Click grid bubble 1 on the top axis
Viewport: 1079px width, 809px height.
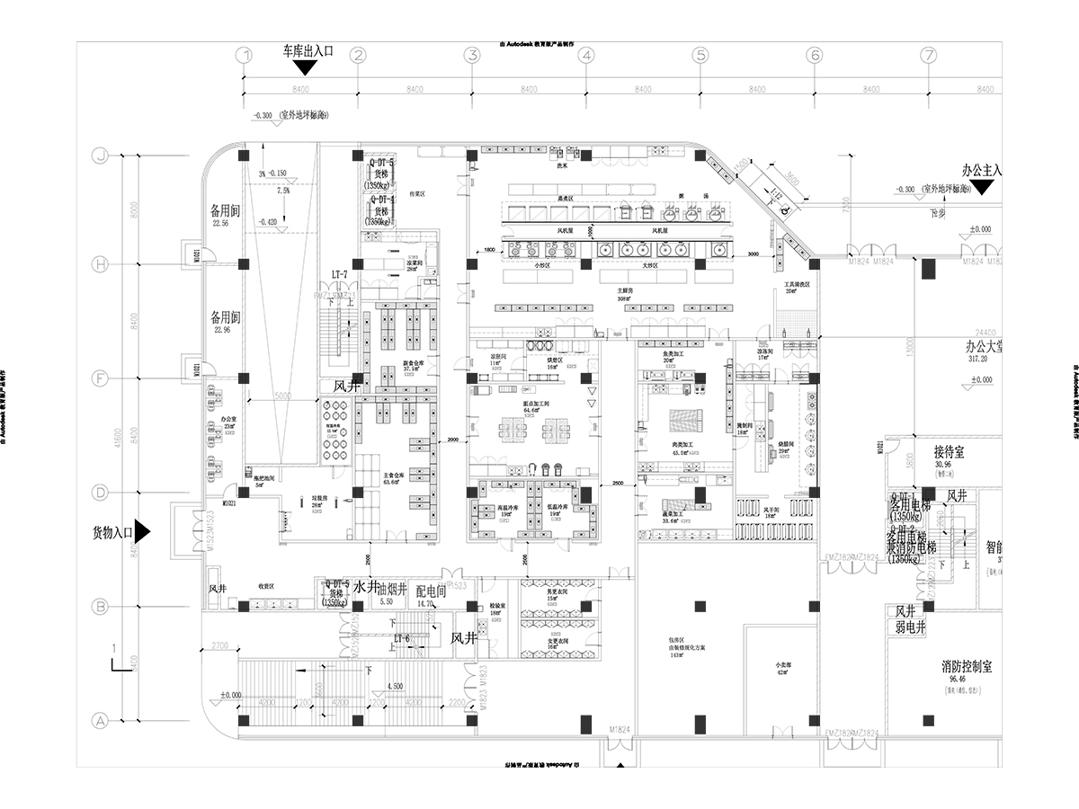243,56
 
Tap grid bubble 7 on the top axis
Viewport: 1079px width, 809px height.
929,56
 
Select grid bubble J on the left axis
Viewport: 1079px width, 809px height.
101,155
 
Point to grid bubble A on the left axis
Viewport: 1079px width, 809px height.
101,720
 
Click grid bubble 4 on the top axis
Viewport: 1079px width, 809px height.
585,56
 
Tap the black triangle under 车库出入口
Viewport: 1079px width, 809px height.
308,67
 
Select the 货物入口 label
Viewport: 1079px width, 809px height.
112,533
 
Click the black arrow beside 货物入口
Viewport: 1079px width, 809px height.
142,532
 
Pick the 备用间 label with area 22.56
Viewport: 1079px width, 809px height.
225,212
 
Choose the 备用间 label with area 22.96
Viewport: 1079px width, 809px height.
225,318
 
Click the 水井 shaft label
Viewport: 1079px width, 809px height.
364,587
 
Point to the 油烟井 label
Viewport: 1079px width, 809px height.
394,591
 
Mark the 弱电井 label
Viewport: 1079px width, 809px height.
911,628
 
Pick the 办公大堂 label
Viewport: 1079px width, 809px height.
984,346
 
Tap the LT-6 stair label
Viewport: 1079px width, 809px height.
402,639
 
